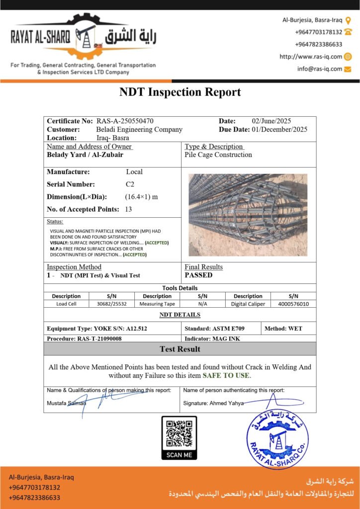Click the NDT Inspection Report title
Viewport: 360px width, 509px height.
coord(180,92)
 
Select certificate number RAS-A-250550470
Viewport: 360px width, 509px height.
coord(125,121)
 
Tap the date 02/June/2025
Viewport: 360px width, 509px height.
coord(271,121)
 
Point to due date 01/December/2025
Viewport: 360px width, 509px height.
coord(279,129)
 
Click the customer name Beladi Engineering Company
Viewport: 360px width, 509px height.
coord(139,129)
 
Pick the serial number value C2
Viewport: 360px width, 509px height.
coord(130,184)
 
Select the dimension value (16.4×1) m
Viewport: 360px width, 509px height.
coord(141,196)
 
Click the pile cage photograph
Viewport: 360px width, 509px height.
coord(248,214)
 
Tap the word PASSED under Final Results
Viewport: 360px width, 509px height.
coord(198,275)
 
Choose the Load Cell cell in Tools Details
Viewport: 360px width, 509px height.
coord(66,304)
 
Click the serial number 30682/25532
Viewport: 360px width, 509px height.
coord(112,304)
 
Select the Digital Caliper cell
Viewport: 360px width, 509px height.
coord(248,304)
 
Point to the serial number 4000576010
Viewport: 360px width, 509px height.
coord(293,304)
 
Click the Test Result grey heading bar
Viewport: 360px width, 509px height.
coord(180,349)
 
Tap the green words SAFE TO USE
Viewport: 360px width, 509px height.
coord(226,375)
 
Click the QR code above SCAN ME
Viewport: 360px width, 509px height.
coord(179,433)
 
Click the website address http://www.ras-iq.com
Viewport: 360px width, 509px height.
coord(310,57)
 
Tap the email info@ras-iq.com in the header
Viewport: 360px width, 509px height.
coord(320,69)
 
